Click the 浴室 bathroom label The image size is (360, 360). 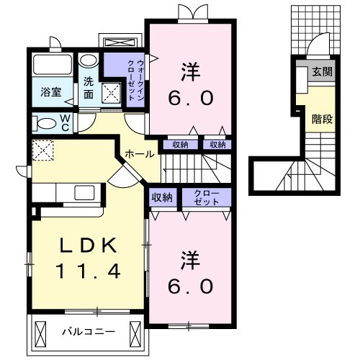pyautogui.click(x=51, y=93)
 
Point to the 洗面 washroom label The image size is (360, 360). pyautogui.click(x=89, y=88)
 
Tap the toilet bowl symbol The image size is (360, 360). pyautogui.click(x=44, y=122)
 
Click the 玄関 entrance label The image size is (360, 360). pyautogui.click(x=321, y=73)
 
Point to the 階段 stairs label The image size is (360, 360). pyautogui.click(x=321, y=119)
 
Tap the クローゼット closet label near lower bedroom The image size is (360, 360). pyautogui.click(x=207, y=197)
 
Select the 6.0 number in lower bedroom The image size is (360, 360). pyautogui.click(x=191, y=286)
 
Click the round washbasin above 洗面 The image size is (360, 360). pyautogui.click(x=88, y=60)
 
